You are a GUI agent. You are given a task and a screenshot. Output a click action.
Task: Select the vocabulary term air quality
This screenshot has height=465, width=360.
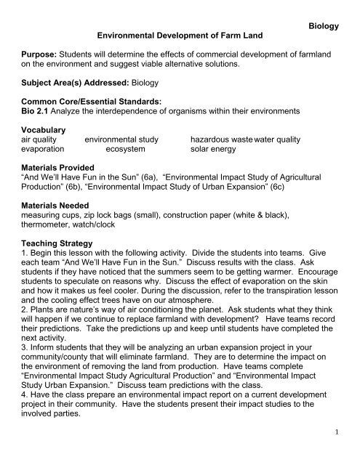[31, 158]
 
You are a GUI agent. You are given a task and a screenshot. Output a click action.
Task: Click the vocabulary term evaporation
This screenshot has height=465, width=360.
[36, 169]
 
